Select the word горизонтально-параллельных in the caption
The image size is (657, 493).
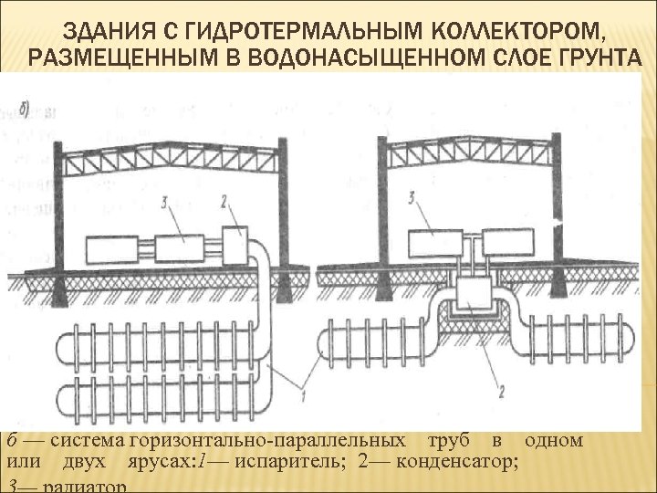[273, 439]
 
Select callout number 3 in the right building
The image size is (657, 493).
[413, 197]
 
